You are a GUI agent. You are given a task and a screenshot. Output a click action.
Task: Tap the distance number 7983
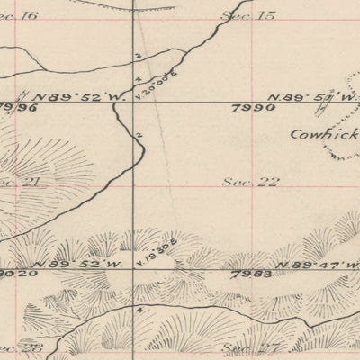247,270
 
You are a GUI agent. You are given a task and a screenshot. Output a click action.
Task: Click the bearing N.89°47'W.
309,264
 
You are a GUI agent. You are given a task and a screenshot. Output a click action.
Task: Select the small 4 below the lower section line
139,309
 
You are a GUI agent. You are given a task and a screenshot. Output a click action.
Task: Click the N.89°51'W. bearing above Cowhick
301,97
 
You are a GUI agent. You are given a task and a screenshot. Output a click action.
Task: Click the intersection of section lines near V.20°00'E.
134,102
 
